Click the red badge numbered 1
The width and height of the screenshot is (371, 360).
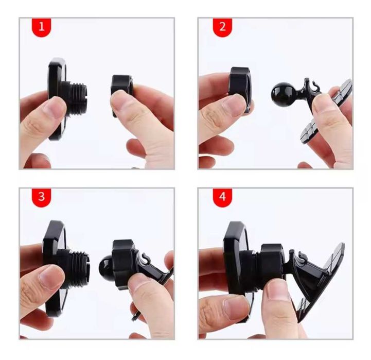coord(41,27)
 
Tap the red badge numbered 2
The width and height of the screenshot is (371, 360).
coord(222,27)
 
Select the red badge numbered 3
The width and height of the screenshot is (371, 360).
coord(41,197)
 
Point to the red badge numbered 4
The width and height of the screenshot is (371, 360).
coord(222,197)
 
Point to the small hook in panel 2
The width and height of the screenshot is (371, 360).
coord(313,87)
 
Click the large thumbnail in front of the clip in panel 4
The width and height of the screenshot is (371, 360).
coord(277,289)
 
